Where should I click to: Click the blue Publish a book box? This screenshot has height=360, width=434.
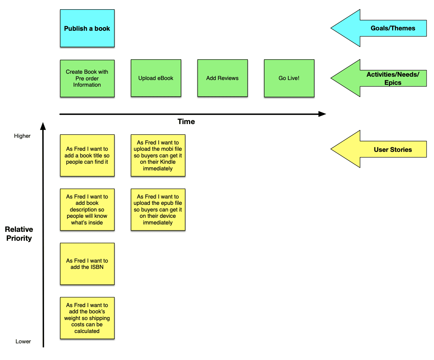(87, 29)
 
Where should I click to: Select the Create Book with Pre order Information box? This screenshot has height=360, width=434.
(87, 79)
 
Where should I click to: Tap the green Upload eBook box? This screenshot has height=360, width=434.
(156, 78)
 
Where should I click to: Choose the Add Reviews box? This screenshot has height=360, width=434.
(222, 78)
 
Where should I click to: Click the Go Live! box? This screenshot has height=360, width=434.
(289, 78)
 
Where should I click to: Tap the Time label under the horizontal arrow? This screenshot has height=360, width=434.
(186, 122)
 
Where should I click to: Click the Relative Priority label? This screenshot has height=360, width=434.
(19, 234)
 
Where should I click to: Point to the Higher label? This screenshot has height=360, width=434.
(22, 136)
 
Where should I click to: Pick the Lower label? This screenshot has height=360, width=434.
(23, 341)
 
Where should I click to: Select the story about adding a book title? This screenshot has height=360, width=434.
(87, 156)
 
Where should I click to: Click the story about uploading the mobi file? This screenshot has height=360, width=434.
(158, 156)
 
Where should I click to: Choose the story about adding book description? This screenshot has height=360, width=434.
(87, 210)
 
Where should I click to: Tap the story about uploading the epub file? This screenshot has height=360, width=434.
(158, 210)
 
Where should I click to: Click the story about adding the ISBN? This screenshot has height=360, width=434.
(87, 264)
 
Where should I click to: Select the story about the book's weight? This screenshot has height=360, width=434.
(87, 318)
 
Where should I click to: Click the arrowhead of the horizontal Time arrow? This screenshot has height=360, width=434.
(322, 114)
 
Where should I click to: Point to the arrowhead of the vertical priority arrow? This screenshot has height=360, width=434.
(43, 126)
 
